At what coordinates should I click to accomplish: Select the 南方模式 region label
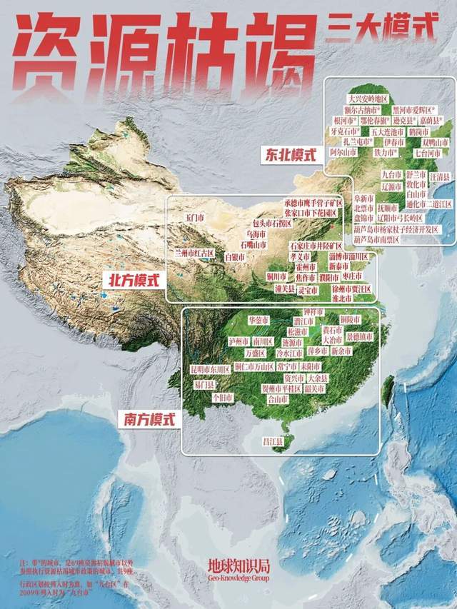point(146,420)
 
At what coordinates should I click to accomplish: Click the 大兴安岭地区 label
point(367,99)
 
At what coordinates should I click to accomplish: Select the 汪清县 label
point(438,175)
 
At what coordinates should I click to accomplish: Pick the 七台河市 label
point(428,153)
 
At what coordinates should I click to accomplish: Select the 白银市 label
point(234,256)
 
